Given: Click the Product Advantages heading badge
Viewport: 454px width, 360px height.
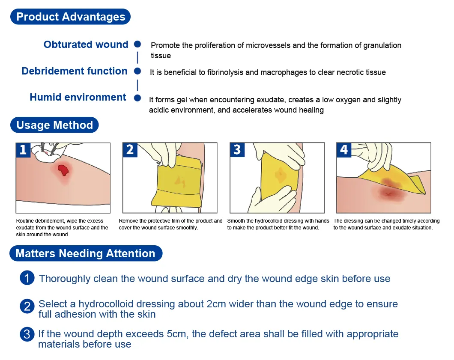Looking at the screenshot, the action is point(70,17).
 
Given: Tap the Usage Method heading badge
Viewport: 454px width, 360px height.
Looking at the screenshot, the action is point(54,125).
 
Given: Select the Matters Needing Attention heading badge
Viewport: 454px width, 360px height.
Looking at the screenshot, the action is point(86,253).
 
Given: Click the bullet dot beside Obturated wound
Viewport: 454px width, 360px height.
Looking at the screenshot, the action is point(137,44).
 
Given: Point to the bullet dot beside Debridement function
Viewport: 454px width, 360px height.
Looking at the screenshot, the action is point(137,71).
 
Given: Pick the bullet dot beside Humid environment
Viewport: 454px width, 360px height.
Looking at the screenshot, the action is point(137,98).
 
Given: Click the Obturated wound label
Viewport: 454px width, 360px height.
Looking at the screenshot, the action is point(86,44).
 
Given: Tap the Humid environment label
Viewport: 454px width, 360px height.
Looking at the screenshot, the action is point(78,97).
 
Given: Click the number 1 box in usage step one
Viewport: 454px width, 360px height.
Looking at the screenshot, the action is point(23,150).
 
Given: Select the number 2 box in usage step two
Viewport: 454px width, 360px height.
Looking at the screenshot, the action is point(130,150).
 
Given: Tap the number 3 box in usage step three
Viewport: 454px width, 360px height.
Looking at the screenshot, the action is point(237,150).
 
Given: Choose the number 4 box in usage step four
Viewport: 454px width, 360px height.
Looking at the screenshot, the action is point(344,150).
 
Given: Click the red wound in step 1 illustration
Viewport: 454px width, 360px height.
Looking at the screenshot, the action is point(63,170).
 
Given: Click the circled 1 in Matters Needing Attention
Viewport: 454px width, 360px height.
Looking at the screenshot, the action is point(27,278).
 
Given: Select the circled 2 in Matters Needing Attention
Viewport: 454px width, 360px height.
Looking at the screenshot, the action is point(27,306).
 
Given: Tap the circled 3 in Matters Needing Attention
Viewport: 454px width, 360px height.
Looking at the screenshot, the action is point(27,334).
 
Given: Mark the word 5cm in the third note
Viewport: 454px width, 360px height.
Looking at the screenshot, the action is point(177,334).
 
